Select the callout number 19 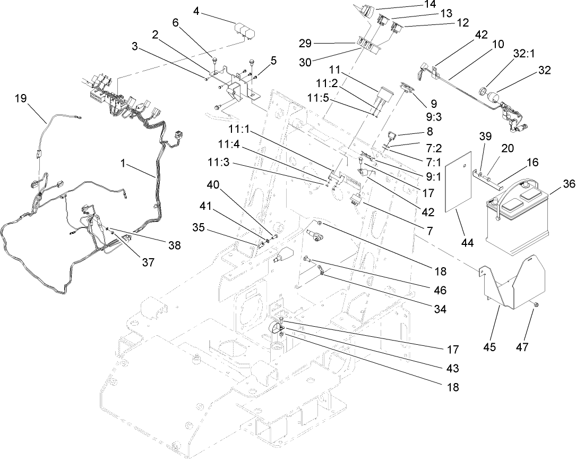coord(20,98)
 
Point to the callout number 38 coord(174,245)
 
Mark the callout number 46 coord(440,290)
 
